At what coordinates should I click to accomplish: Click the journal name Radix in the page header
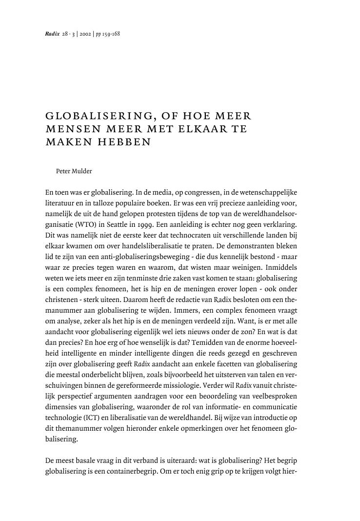52,34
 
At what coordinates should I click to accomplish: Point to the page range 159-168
111,34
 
